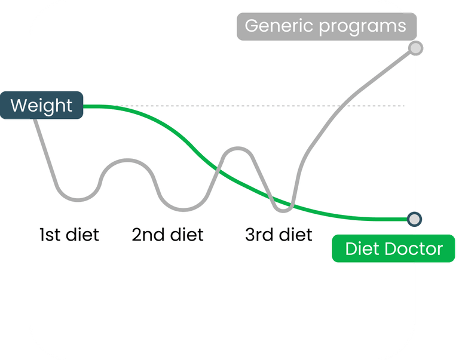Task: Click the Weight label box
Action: (42, 105)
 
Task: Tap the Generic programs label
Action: (327, 26)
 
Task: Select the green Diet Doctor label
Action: (393, 248)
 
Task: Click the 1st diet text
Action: (69, 235)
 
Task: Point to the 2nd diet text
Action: (167, 235)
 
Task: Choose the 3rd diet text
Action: (279, 235)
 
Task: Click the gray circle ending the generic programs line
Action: (416, 48)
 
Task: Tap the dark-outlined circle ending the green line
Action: (415, 219)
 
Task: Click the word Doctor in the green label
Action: (414, 248)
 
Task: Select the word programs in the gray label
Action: (362, 27)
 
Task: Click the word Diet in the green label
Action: (363, 248)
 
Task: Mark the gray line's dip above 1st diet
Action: (78, 200)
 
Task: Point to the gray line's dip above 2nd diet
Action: (183, 210)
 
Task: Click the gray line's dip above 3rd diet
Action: (283, 211)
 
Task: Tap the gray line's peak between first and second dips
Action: (128, 160)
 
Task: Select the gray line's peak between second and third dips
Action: (238, 149)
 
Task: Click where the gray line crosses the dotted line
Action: (344, 106)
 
